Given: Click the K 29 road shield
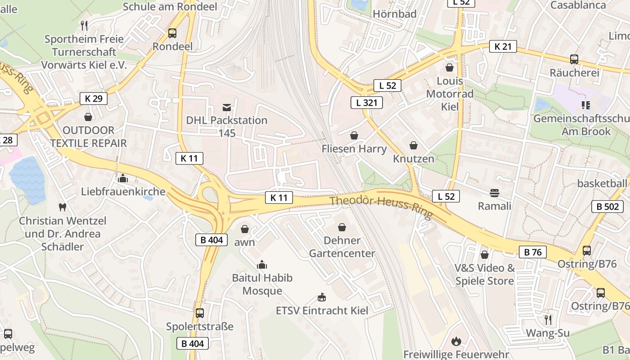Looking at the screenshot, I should pyautogui.click(x=94, y=99).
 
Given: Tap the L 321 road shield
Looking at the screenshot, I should pyautogui.click(x=367, y=103).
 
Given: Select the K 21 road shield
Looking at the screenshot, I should pyautogui.click(x=503, y=46).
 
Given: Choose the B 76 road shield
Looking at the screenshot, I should pyautogui.click(x=533, y=252).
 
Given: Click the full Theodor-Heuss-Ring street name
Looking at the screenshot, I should pyautogui.click(x=381, y=207).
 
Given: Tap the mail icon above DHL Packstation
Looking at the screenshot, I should pyautogui.click(x=226, y=108).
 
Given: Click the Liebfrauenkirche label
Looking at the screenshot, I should pyautogui.click(x=123, y=192).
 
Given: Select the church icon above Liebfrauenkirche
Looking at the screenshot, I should pyautogui.click(x=122, y=178).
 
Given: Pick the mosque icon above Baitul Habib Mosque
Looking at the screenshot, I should pyautogui.click(x=262, y=265).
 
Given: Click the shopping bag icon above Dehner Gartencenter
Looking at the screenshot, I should pyautogui.click(x=342, y=227).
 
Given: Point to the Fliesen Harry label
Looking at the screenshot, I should pyautogui.click(x=354, y=148).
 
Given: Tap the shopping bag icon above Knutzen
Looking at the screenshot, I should pyautogui.click(x=414, y=145).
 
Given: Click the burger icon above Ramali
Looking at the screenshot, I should pyautogui.click(x=495, y=193).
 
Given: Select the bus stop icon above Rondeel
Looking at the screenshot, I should pyautogui.click(x=172, y=33).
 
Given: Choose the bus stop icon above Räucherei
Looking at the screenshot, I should pyautogui.click(x=574, y=59).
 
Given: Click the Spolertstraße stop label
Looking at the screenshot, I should pyautogui.click(x=200, y=326).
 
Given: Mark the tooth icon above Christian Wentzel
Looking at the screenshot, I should pyautogui.click(x=63, y=207).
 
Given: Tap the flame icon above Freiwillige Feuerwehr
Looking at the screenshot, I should pyautogui.click(x=456, y=341).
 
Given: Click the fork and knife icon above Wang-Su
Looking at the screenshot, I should pyautogui.click(x=548, y=320).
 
